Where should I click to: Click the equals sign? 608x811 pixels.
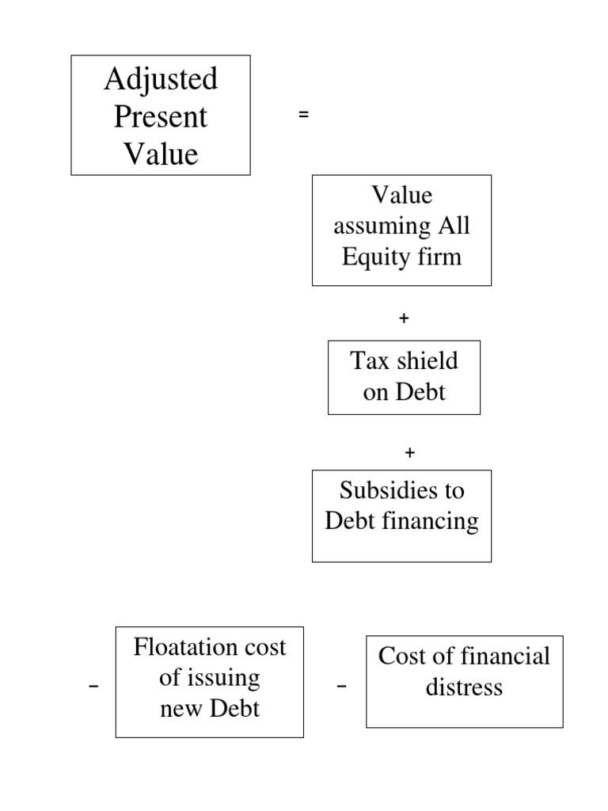click(303, 116)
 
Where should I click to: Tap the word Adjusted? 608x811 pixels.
click(161, 79)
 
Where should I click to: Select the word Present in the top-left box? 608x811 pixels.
click(161, 116)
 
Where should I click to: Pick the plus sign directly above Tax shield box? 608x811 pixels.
click(404, 318)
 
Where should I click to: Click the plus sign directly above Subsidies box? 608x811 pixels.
click(409, 453)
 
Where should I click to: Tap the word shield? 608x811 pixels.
click(427, 361)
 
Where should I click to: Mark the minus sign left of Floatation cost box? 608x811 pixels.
click(95, 687)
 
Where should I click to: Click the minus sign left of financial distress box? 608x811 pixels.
click(341, 687)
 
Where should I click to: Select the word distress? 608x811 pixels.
click(464, 687)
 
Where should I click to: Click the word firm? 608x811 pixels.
click(443, 257)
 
